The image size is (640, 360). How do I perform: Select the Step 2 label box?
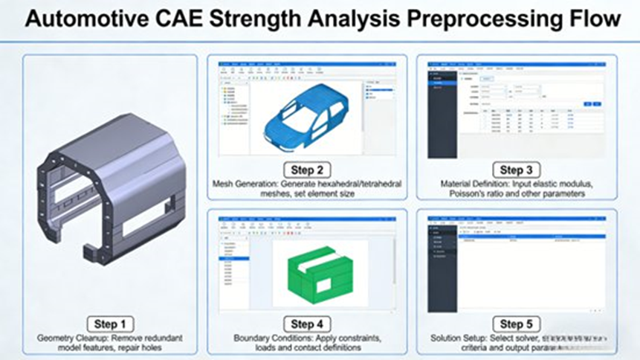click(x=306, y=170)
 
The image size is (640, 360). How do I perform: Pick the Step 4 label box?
click(x=306, y=324)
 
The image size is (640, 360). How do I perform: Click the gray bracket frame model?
click(x=104, y=190)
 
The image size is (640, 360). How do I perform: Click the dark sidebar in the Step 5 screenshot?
click(x=442, y=268)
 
